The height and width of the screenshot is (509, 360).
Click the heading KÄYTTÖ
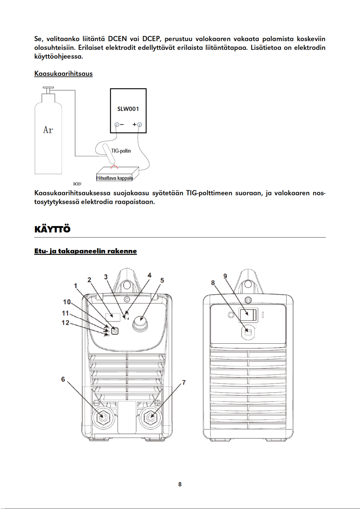coord(53,229)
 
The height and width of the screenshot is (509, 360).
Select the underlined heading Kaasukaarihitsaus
coord(63,74)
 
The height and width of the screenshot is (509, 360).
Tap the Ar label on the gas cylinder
coord(48,130)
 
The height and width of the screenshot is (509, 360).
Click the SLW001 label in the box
coord(128,109)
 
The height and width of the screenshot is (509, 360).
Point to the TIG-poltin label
coord(121,151)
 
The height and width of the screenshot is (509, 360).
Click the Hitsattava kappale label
coord(114,178)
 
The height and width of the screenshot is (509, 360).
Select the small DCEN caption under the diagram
coord(77,184)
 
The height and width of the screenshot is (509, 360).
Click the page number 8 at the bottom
coord(180,484)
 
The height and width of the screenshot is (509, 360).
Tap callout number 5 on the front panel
coord(162,280)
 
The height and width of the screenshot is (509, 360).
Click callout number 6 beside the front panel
coord(63,379)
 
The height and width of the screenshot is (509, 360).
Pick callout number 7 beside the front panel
coord(184,383)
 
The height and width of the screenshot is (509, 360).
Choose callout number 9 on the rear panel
coord(225,276)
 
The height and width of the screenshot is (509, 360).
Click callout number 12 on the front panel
coord(66,323)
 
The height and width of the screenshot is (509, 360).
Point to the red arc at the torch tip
coord(114,166)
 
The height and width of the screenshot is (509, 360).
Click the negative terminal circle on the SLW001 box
coord(117,124)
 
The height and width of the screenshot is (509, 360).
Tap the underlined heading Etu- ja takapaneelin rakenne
coord(85,251)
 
